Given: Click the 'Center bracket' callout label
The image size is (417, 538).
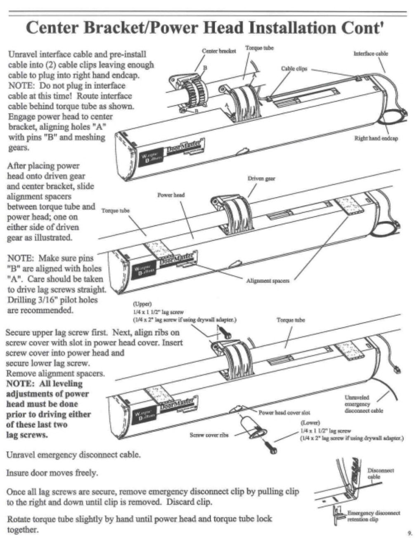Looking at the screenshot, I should (x=219, y=51).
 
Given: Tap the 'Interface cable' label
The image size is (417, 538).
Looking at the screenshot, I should (x=370, y=53).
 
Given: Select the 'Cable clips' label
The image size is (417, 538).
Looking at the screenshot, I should (x=294, y=69).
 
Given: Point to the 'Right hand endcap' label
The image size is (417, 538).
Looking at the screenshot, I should (x=376, y=138).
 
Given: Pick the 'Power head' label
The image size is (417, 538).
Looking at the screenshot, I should (x=171, y=194).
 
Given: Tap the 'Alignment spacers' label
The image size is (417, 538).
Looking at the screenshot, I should (x=268, y=281).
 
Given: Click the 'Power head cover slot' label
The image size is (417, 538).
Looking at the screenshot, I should (x=284, y=412).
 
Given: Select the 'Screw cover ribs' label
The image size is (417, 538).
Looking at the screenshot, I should (x=209, y=435).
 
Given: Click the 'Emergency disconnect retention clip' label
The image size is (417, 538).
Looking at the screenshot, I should (x=373, y=516).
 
